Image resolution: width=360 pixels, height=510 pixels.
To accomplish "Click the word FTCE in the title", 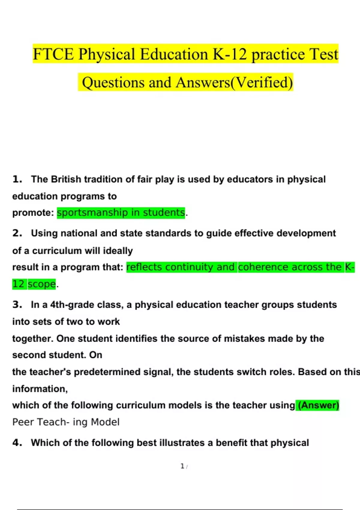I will pyautogui.click(x=53, y=54).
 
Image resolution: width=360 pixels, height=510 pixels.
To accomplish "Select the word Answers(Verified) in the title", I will pyautogui.click(x=234, y=82).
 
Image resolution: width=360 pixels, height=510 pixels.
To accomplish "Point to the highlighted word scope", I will pyautogui.click(x=42, y=284).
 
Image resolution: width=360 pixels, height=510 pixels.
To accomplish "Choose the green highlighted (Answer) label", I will pyautogui.click(x=318, y=405).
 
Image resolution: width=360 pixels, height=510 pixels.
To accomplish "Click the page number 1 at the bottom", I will pyautogui.click(x=182, y=466).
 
